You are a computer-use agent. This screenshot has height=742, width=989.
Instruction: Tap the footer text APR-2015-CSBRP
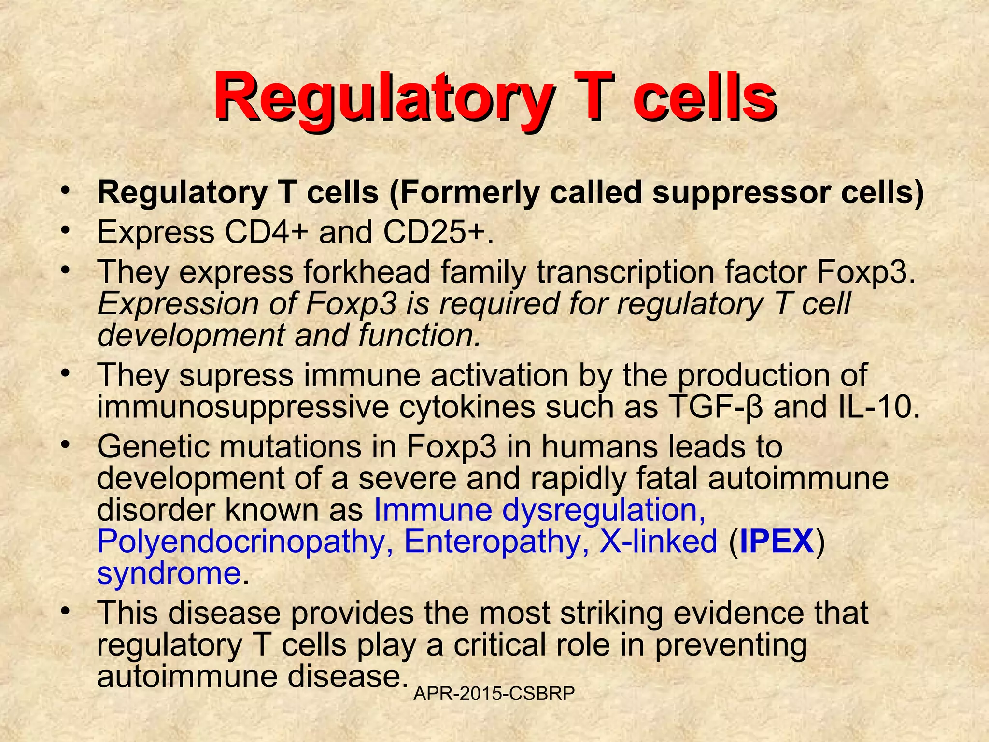(x=494, y=694)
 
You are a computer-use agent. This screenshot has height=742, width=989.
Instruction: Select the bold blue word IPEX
(x=777, y=541)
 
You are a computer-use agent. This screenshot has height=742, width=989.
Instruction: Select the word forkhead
(x=367, y=271)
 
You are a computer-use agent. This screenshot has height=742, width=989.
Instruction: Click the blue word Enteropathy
(x=496, y=541)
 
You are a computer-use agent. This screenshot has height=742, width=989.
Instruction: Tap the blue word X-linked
(x=658, y=541)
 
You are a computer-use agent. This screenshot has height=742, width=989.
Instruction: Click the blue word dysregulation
(x=604, y=510)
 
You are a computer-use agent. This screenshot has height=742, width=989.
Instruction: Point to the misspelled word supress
(x=237, y=375)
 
